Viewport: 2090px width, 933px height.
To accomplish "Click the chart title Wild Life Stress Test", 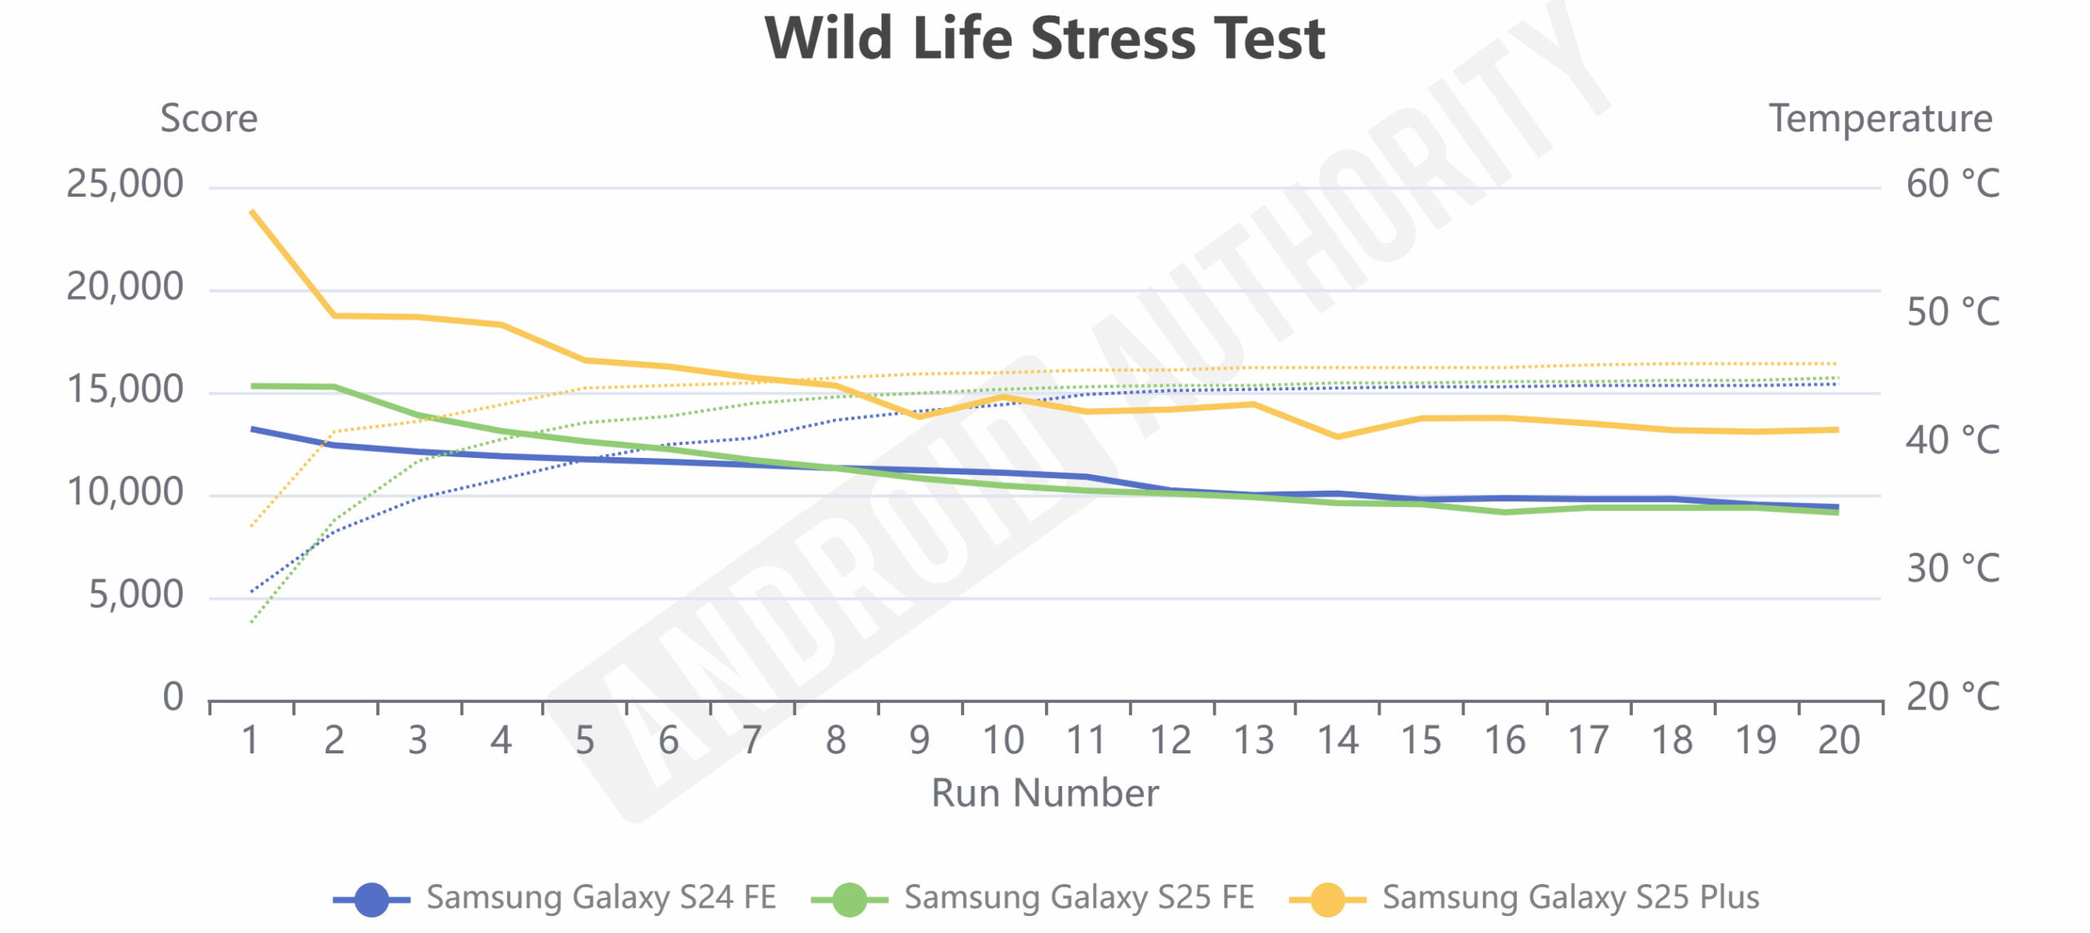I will [x=1044, y=38].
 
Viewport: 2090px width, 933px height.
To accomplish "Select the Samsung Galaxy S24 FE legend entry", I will [x=555, y=898].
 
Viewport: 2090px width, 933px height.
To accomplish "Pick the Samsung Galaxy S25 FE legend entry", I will [x=1033, y=898].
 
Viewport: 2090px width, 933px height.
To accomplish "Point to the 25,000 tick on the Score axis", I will [x=125, y=184].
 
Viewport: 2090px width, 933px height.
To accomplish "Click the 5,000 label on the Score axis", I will [x=136, y=595].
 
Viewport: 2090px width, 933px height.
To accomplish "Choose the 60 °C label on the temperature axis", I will [x=1952, y=184].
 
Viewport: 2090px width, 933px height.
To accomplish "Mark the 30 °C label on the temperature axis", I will [x=1952, y=569].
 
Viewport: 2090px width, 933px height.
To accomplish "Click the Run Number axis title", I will [x=1044, y=793].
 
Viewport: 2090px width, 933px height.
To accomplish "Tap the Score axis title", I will [x=209, y=119].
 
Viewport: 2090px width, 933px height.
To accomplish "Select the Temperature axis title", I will [x=1880, y=119].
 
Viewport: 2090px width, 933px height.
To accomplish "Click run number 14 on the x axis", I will [x=1337, y=741].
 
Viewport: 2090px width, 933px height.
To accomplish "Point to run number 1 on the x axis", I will [x=251, y=741].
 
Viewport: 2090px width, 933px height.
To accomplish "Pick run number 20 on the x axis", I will [x=1839, y=741].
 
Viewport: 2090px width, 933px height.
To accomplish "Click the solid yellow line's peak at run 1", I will [x=252, y=211].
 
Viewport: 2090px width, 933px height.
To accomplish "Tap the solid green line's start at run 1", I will [x=252, y=386].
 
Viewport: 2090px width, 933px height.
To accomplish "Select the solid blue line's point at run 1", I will [x=252, y=429].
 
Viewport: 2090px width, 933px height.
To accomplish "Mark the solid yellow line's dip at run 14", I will [x=1337, y=437].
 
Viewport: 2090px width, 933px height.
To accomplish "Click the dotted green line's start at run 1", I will [x=251, y=622].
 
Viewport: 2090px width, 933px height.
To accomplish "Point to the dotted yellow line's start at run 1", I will [x=251, y=526].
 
